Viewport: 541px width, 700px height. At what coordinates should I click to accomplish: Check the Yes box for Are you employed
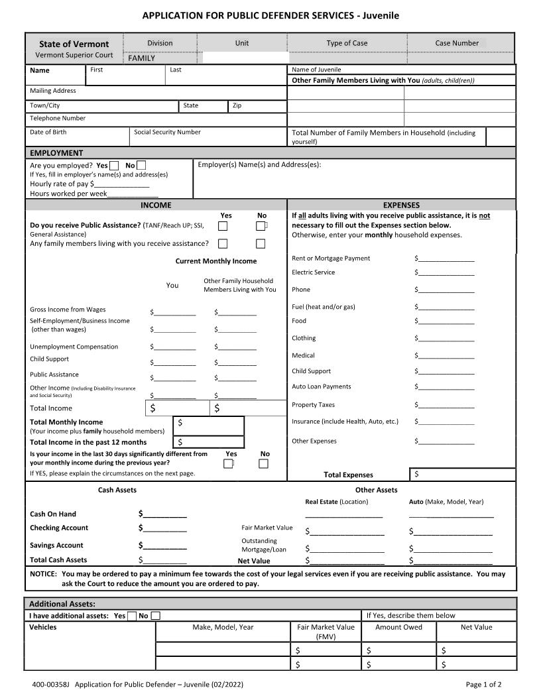point(114,166)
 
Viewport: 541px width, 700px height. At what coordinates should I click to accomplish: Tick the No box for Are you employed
point(141,166)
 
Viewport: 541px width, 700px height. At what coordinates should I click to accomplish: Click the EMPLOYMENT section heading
point(57,153)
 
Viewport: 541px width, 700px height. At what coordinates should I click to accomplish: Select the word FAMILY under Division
point(141,58)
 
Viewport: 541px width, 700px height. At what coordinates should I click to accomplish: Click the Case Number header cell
point(457,43)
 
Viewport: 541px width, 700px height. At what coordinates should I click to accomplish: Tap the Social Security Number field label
point(167,132)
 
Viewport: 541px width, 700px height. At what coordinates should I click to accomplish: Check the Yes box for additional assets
point(132,616)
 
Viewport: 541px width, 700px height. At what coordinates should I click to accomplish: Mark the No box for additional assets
point(155,616)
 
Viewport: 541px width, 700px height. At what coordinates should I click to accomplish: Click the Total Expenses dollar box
point(463,474)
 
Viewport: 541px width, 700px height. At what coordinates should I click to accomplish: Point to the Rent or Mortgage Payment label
point(331,259)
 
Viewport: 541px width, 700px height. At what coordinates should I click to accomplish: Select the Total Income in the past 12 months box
point(209,441)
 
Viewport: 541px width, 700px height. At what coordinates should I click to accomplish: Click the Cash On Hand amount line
point(164,514)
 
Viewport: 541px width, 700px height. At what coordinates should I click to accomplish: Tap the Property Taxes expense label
point(313,405)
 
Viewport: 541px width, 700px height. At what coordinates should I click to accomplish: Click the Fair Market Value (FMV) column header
point(326,631)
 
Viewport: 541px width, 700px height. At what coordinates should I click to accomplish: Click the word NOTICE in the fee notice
point(43,574)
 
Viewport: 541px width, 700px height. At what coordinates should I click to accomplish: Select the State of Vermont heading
point(74,44)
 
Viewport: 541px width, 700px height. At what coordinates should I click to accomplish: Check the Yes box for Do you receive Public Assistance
point(223,226)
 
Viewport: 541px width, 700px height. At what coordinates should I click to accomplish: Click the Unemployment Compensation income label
point(74,347)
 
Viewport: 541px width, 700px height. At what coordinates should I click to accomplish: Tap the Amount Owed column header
point(398,627)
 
